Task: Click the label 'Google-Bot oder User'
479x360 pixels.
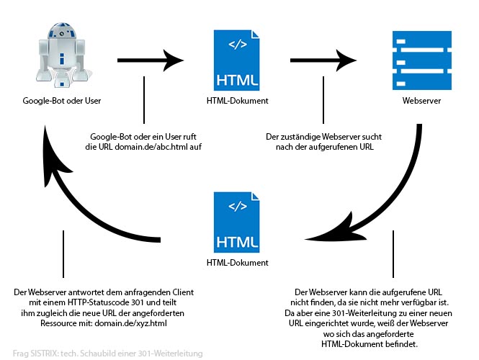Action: click(x=61, y=101)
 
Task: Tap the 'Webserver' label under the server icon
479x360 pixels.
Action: click(x=421, y=101)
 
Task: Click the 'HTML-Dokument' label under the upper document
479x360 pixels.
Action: click(x=233, y=101)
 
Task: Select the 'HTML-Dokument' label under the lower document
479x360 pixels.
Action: click(x=232, y=264)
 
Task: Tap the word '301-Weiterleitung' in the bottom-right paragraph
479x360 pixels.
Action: click(x=371, y=314)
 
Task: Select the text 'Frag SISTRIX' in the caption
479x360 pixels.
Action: click(x=30, y=353)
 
